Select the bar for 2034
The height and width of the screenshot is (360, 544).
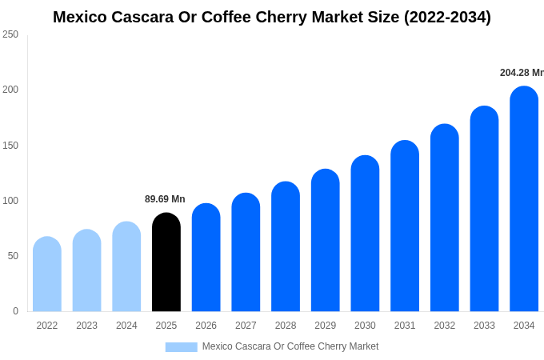(x=524, y=199)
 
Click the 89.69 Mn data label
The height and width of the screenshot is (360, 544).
(x=165, y=199)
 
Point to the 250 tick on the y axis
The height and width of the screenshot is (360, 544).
(x=10, y=34)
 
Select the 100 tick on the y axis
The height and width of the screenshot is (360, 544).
(x=10, y=201)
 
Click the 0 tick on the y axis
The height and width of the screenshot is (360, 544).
(x=15, y=311)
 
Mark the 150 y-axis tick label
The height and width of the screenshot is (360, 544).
(x=10, y=146)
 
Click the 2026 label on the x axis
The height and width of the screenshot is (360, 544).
(x=206, y=326)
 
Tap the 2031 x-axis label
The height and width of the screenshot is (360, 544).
(x=405, y=326)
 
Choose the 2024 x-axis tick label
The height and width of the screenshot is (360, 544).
(x=126, y=326)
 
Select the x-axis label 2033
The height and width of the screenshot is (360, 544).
(x=484, y=326)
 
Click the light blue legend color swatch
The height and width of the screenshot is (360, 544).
(x=181, y=347)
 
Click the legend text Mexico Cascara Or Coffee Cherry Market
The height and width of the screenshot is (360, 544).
(x=290, y=346)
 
